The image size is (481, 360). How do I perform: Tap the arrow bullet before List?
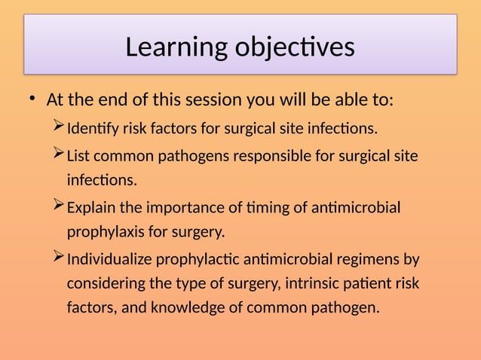(x=60, y=154)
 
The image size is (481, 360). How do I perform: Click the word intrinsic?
(x=281, y=284)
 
